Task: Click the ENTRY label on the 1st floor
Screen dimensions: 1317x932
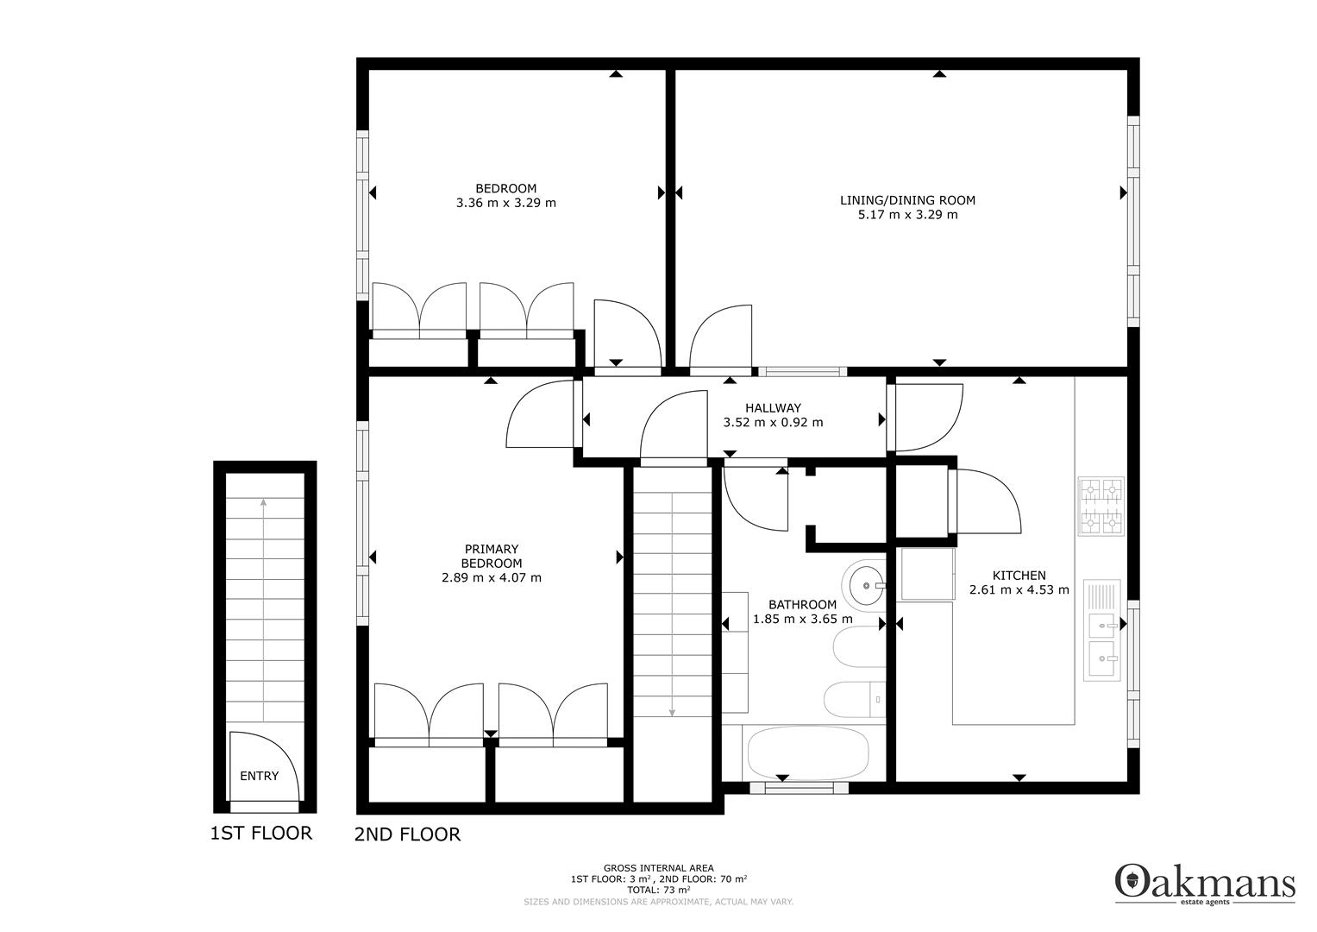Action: pos(259,776)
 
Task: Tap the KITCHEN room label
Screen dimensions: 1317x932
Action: pos(1019,576)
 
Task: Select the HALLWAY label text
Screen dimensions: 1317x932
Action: pos(773,407)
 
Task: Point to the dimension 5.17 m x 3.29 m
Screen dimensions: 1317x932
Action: pos(907,215)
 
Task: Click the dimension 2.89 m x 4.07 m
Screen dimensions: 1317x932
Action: pos(491,578)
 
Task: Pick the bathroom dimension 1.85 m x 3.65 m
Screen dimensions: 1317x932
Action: pos(803,619)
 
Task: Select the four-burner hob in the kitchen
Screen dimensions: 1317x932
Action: pos(1101,506)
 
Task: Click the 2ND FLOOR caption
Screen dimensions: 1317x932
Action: pos(407,834)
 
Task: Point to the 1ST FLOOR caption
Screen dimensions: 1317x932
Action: pos(261,833)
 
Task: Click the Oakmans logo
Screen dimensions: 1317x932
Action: pos(1205,883)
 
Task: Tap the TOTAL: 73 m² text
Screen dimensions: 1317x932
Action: pos(659,891)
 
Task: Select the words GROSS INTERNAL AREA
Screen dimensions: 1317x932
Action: pos(659,868)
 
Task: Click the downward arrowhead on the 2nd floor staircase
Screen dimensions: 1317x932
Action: pos(671,714)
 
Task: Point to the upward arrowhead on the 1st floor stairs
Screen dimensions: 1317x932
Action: pos(263,502)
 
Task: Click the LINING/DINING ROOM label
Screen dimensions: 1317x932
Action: pos(907,200)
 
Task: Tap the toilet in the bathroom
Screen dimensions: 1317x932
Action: pos(855,700)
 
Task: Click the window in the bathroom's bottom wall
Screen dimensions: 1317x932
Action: pos(799,787)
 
